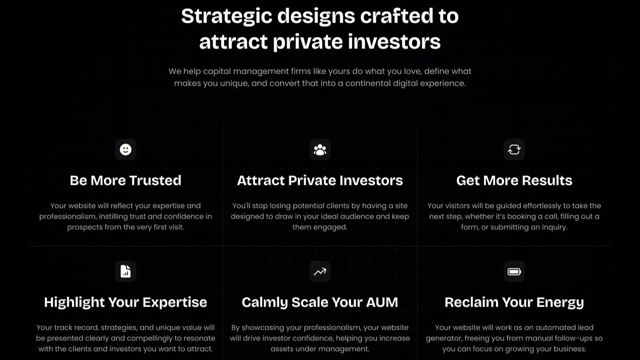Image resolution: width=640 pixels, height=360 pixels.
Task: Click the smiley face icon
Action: click(x=125, y=149)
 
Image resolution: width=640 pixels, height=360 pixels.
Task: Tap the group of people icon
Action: click(x=320, y=149)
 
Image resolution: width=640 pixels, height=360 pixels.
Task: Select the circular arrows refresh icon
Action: click(x=514, y=149)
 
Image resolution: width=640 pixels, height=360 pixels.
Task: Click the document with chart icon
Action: click(x=125, y=271)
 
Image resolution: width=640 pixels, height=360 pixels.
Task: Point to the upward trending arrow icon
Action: click(x=320, y=272)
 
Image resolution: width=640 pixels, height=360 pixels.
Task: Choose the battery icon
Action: click(x=514, y=272)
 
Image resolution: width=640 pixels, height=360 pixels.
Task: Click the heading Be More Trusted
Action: click(x=125, y=180)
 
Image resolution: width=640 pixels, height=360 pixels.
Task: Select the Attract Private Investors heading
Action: click(x=320, y=180)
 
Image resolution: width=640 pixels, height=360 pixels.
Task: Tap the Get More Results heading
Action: click(x=514, y=180)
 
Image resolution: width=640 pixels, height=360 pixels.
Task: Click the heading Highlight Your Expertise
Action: click(x=125, y=302)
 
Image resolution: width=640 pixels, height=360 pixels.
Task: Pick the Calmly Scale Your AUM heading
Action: click(x=320, y=302)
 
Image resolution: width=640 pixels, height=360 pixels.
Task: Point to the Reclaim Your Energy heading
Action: click(x=514, y=302)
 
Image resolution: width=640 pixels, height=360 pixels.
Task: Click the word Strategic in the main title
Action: click(x=227, y=16)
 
